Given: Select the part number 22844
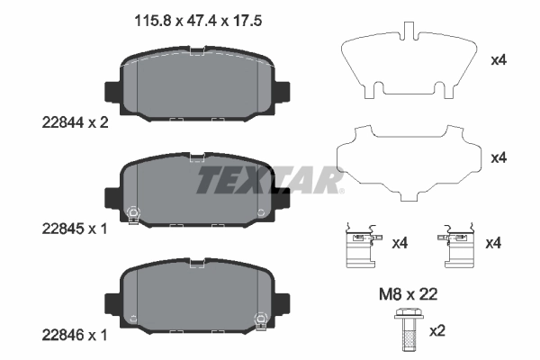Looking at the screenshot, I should [x=60, y=125].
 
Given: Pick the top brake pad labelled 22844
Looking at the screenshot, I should [x=198, y=90].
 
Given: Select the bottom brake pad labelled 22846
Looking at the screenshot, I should [x=198, y=294].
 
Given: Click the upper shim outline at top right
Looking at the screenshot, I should [x=408, y=63].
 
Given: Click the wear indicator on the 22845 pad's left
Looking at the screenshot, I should [x=134, y=213].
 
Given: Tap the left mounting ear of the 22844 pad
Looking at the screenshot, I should [x=112, y=92].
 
